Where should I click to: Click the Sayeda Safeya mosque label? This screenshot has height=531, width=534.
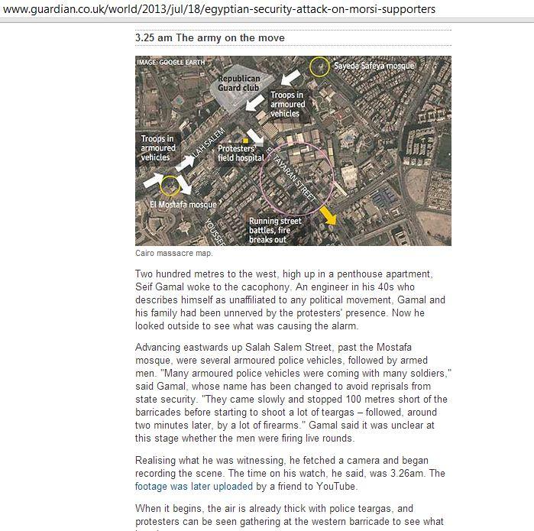(374, 66)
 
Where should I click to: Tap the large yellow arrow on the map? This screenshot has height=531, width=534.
(327, 215)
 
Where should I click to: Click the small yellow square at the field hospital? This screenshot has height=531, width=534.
(244, 140)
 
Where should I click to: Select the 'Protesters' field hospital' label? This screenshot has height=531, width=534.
(241, 153)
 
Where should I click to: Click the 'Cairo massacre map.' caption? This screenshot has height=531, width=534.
(174, 253)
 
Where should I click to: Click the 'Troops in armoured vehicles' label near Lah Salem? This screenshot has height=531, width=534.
(159, 147)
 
